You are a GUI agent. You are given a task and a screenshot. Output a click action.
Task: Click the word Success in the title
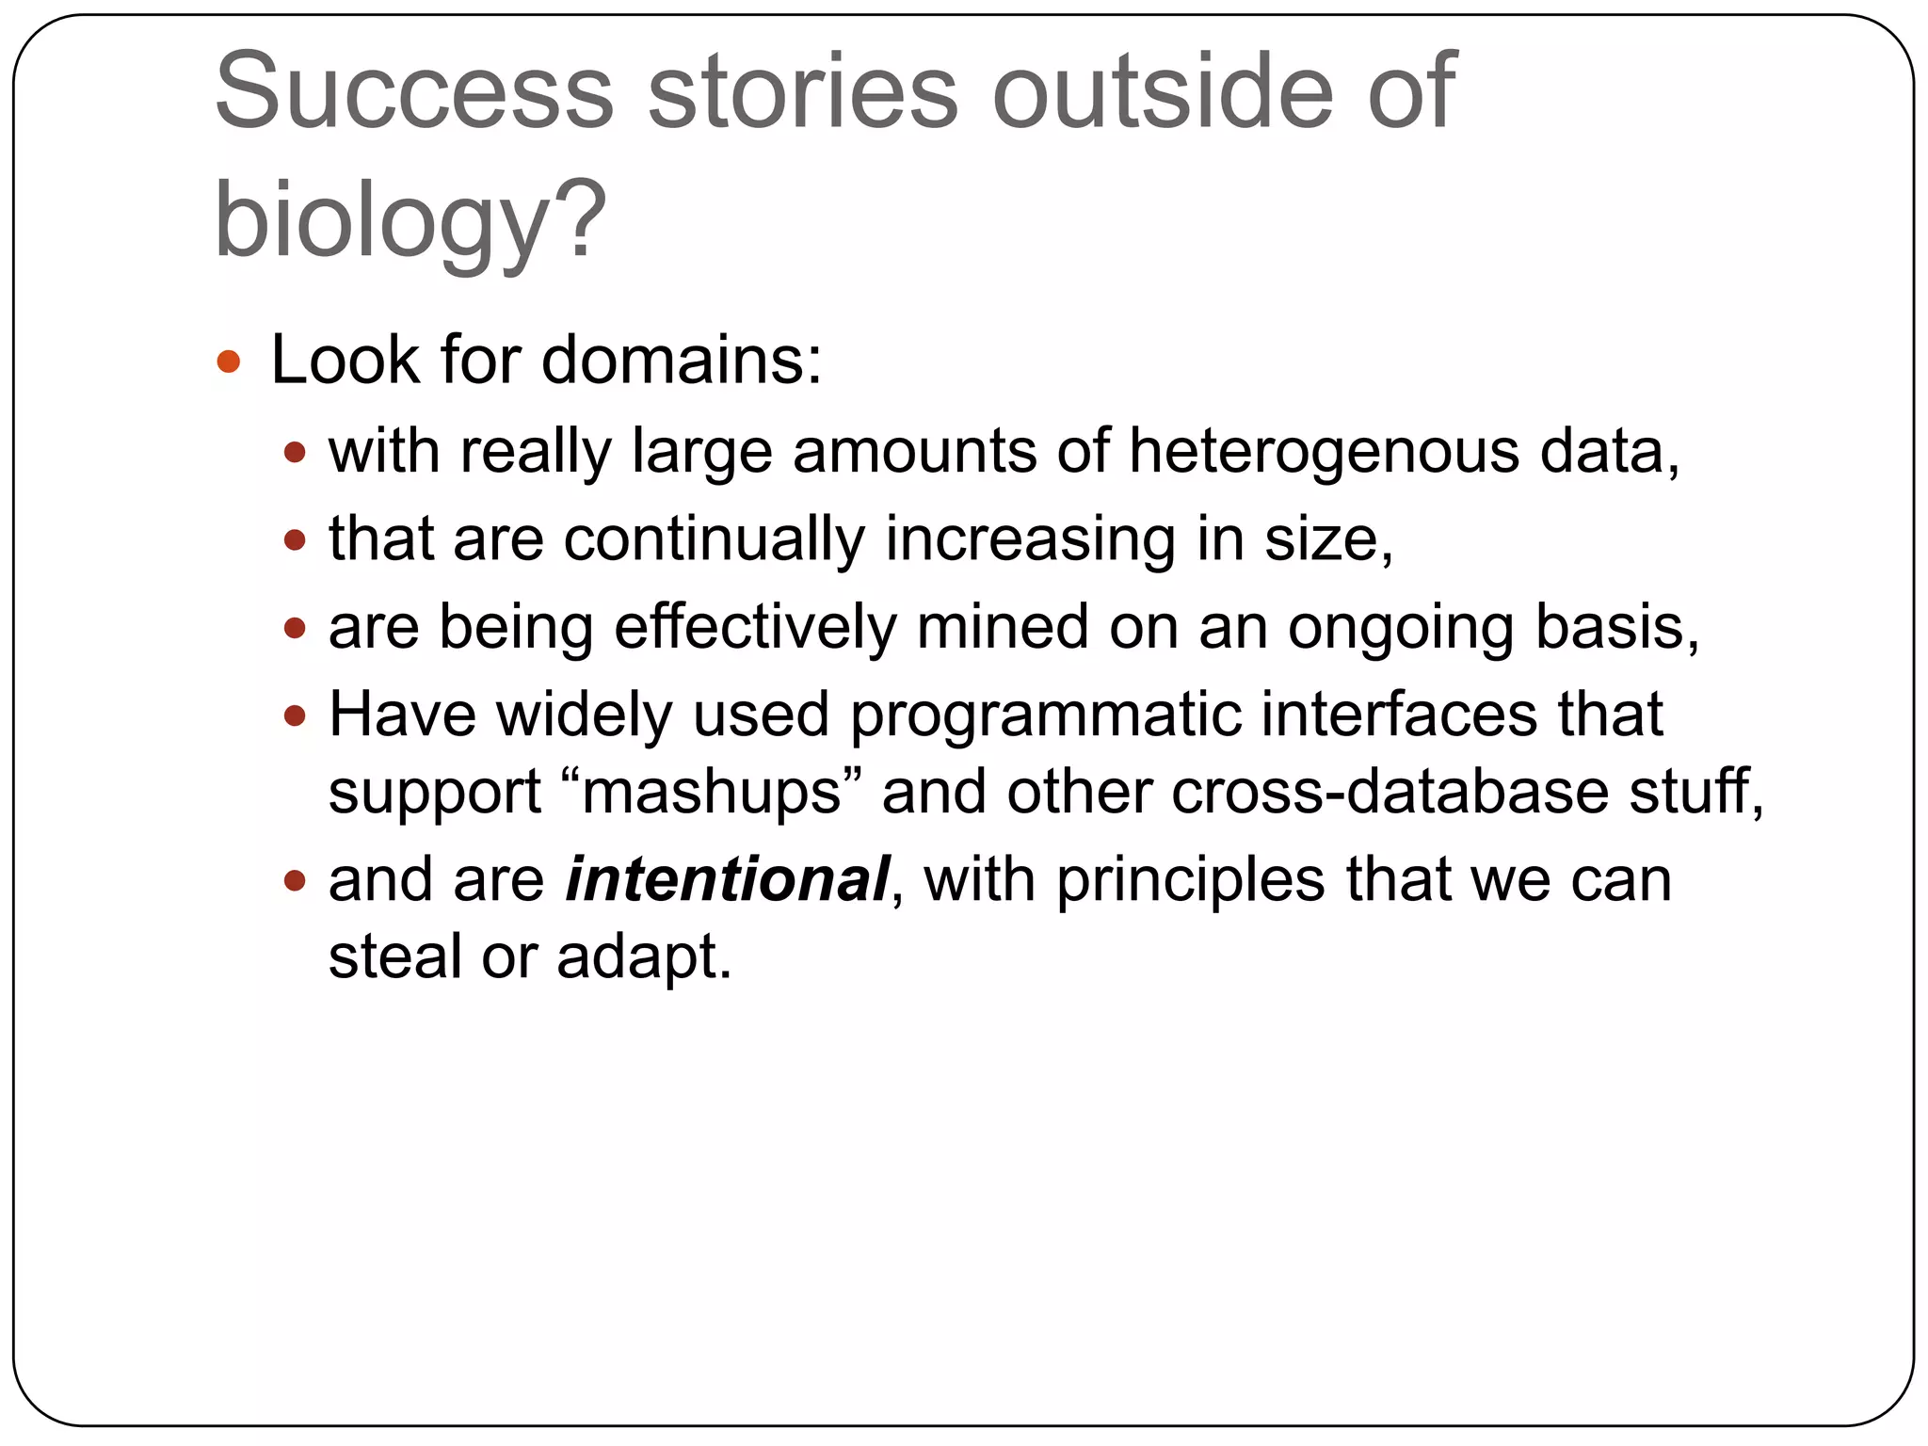[414, 91]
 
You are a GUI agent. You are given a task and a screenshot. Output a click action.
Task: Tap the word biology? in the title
[410, 218]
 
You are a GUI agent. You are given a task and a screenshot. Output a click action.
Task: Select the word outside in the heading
[1162, 91]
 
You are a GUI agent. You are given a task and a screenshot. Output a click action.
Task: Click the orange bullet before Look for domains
[229, 361]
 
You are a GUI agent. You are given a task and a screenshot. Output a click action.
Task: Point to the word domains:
[681, 361]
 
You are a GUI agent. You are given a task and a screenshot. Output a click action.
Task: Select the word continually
[714, 539]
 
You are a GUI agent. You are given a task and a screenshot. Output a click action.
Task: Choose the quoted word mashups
[712, 792]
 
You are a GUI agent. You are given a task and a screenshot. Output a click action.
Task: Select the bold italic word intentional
[727, 879]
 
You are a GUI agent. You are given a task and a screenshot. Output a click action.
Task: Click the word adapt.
[643, 958]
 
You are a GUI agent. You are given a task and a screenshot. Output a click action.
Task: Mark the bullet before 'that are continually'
[296, 540]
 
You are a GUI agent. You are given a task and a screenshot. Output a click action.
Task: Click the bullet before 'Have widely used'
[296, 716]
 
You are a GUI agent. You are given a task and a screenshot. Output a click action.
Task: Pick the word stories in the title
[802, 91]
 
